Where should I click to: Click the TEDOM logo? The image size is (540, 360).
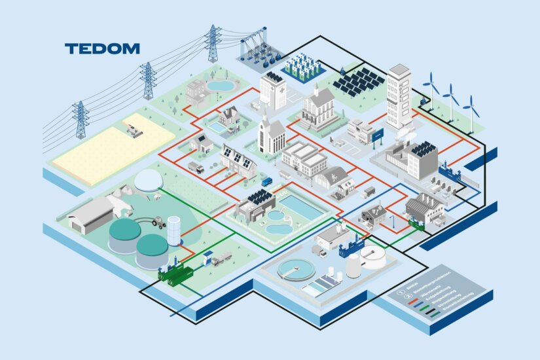click(x=102, y=48)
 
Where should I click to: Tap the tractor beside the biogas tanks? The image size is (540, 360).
click(x=158, y=223)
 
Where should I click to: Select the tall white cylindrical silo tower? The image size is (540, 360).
click(x=174, y=230)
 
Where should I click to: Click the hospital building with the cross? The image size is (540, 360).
click(x=273, y=89)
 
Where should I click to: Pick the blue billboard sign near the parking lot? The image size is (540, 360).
click(x=377, y=135)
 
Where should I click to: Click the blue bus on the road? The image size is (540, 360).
click(x=267, y=181)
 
